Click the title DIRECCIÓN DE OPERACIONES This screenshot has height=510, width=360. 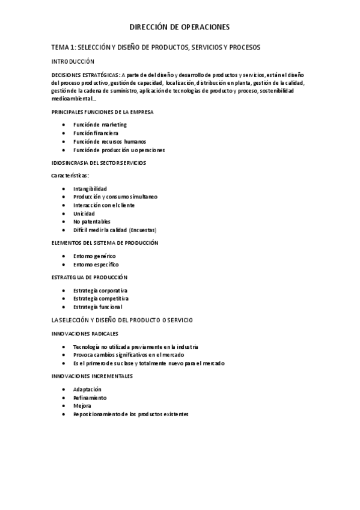(x=180, y=27)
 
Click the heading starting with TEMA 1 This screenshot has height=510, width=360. (x=156, y=47)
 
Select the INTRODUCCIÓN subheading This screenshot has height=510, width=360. (x=73, y=61)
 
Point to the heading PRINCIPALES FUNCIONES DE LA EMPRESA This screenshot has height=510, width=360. (x=102, y=112)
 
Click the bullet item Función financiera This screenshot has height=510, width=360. (x=96, y=133)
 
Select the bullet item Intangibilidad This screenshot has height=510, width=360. (x=90, y=188)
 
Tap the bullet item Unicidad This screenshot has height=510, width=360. (x=84, y=214)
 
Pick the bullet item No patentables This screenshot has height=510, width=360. (x=91, y=222)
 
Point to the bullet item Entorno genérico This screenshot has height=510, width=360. (x=94, y=256)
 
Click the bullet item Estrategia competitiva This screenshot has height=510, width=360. (x=100, y=298)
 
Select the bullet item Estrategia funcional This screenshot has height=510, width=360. (x=97, y=307)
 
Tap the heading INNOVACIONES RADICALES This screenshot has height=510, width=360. (x=85, y=333)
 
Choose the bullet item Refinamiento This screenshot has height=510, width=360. (x=90, y=398)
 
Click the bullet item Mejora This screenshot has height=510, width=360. (x=82, y=406)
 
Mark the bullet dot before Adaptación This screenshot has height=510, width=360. (x=64, y=389)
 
